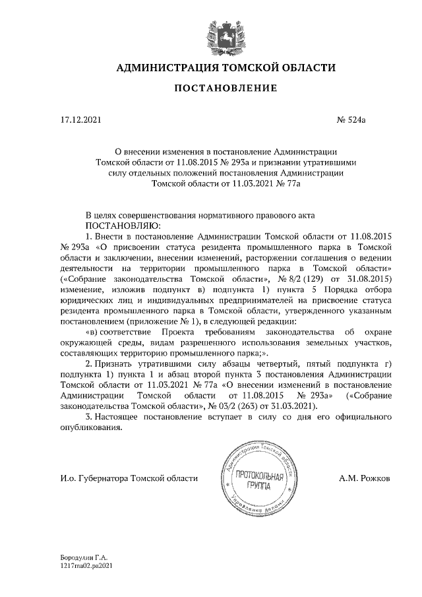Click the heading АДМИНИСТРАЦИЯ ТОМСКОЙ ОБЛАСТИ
226,68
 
